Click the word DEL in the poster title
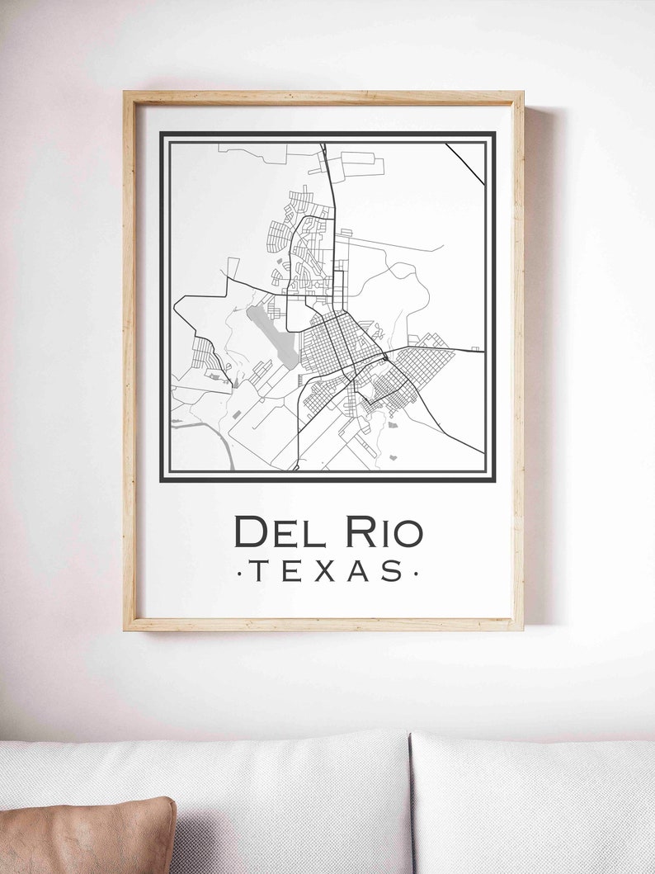[x=280, y=532]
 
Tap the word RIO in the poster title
[x=384, y=532]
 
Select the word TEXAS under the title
[x=327, y=570]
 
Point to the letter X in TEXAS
[x=324, y=570]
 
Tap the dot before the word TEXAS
[x=238, y=571]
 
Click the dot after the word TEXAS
[x=416, y=571]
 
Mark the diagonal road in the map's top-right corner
[x=465, y=163]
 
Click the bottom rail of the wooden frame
[x=323, y=625]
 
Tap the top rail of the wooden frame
[x=323, y=97]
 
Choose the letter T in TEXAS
[x=257, y=570]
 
